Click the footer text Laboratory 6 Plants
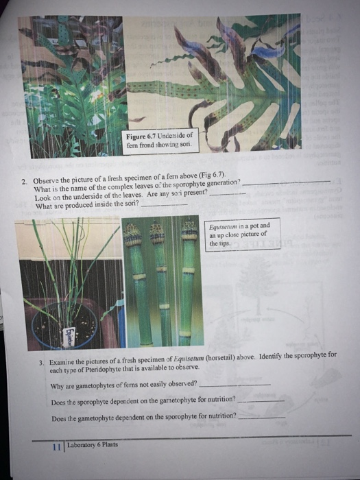93,444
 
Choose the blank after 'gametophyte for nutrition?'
260,401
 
